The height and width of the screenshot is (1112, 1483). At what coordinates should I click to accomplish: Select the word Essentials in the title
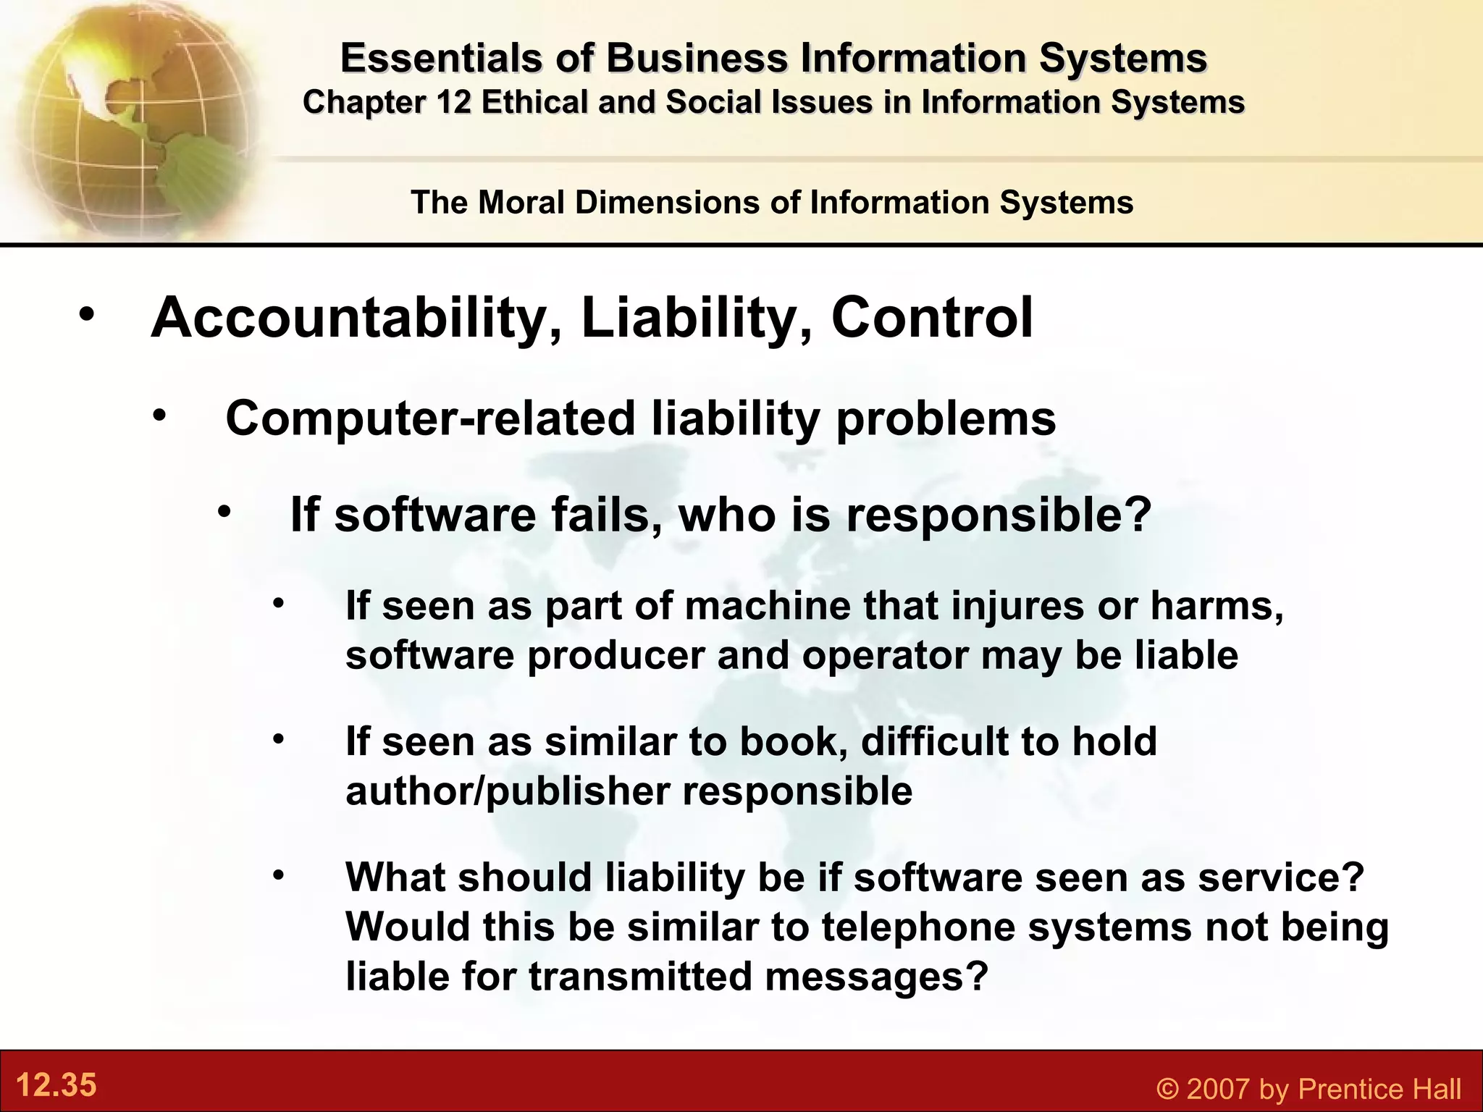(x=441, y=58)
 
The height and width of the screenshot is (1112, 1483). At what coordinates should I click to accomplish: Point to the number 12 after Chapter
(x=454, y=102)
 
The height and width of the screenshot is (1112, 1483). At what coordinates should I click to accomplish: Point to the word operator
(x=885, y=654)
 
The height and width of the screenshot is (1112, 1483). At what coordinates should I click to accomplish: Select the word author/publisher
(x=508, y=791)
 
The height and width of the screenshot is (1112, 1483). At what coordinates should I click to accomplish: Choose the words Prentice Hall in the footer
(x=1379, y=1089)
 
